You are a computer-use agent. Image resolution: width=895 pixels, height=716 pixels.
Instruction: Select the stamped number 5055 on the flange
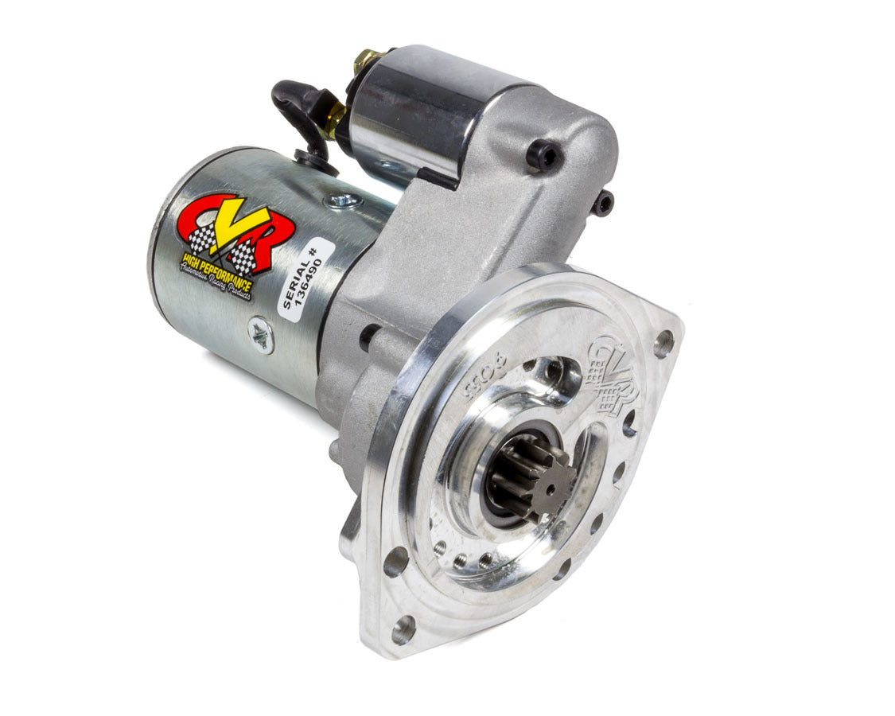click(x=477, y=382)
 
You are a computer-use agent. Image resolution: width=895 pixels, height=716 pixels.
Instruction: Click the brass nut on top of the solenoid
click(x=368, y=59)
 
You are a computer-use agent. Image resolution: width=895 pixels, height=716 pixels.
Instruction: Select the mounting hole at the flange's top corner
click(x=663, y=343)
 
